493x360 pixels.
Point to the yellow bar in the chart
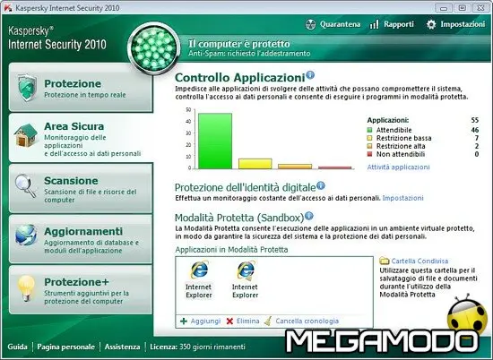[x=255, y=163]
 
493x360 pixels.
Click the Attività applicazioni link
[x=399, y=167]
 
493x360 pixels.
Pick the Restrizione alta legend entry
[x=402, y=146]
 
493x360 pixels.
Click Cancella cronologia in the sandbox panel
[x=307, y=320]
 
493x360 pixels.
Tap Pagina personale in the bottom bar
[x=67, y=346]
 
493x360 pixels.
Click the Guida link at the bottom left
[x=17, y=346]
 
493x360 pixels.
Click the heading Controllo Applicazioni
[x=238, y=78]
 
